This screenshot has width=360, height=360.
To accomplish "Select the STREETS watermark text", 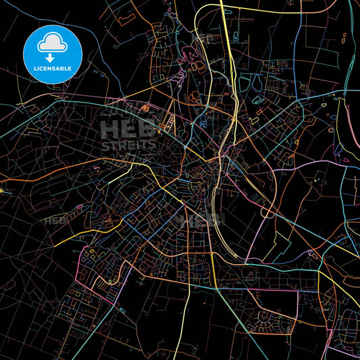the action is [128, 145].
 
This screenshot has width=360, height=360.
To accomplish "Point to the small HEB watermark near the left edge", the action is [55, 221].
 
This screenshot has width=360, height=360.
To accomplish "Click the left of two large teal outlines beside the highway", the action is [244, 84].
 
